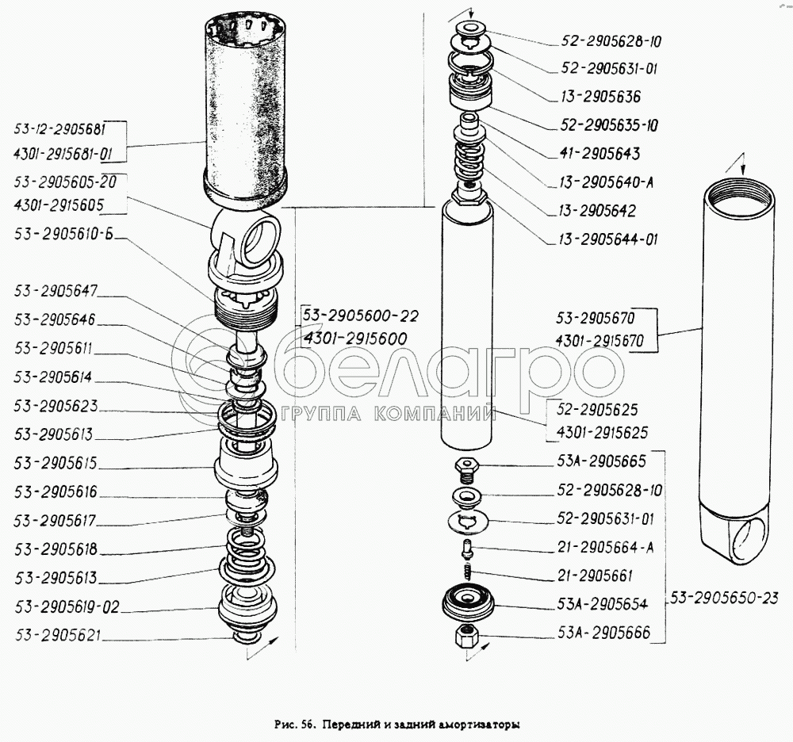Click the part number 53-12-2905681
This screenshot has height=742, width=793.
pos(59,129)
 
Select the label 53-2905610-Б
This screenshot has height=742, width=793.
pos(63,234)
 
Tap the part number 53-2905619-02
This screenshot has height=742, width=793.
pos(67,606)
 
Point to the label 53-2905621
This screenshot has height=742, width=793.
pos(58,635)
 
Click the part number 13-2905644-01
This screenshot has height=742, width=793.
pos(608,239)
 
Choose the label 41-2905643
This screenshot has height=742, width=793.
pos(600,154)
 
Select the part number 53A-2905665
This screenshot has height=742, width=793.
pos(601,461)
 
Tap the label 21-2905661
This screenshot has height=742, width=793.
pos(595,576)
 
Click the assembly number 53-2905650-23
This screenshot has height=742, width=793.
pos(724,598)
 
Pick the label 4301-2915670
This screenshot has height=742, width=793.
pos(600,341)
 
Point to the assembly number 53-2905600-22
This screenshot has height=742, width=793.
pos(361,316)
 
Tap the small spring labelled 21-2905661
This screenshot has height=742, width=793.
pos(468,572)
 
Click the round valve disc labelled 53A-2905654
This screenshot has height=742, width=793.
pos(468,602)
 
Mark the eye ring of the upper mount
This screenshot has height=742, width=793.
pos(259,239)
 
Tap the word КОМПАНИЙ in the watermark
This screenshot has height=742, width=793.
pos(435,414)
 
